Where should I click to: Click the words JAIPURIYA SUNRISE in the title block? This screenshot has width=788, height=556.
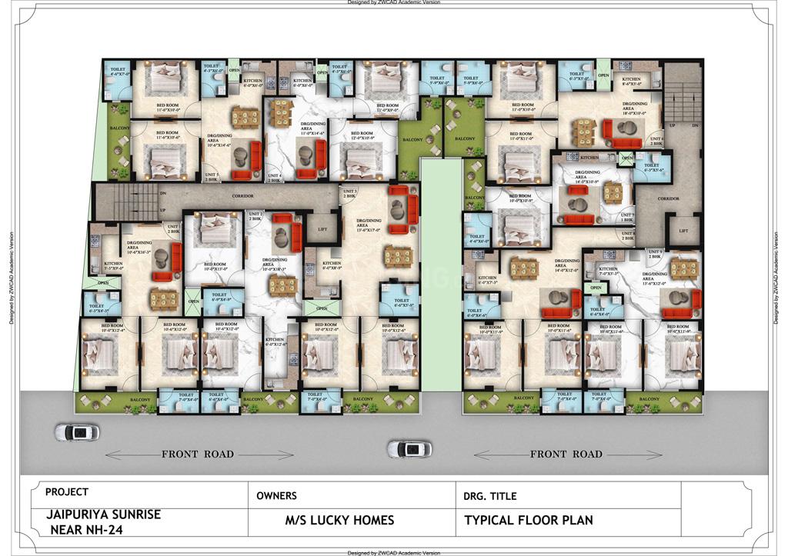point(103,514)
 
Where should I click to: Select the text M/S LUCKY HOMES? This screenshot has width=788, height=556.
point(339,521)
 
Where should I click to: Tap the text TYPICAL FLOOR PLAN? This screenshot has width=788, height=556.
point(529,521)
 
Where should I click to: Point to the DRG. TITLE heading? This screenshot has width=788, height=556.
point(490,496)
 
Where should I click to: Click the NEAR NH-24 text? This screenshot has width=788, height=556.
point(86,529)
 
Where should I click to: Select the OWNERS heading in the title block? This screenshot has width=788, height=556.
point(276,496)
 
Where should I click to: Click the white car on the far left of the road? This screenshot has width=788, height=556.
point(76,432)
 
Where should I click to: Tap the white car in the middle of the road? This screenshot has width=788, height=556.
point(409,449)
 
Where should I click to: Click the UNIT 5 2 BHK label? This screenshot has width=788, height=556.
point(212,177)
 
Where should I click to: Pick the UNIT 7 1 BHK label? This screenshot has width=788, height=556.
point(628,217)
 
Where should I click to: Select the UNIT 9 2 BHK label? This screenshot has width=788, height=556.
point(655,254)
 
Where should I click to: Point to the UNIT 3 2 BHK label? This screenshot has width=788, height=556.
point(350,194)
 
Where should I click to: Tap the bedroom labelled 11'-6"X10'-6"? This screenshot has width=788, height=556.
point(167,135)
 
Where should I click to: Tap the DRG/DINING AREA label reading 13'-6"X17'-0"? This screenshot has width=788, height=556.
point(367,225)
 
